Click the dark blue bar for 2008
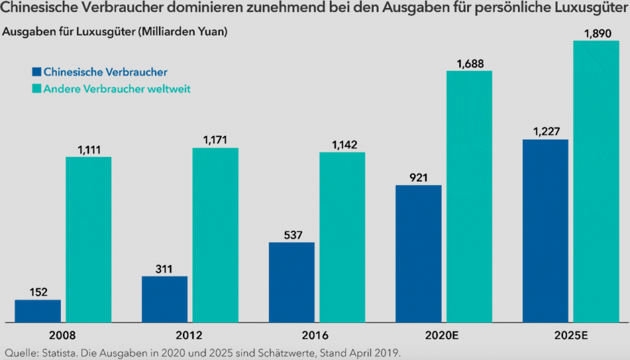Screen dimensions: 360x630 (x=38, y=311)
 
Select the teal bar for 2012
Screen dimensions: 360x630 (x=215, y=235)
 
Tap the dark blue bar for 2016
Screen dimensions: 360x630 (x=292, y=282)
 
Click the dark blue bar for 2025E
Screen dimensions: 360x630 (x=546, y=231)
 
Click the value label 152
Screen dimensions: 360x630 (x=38, y=292)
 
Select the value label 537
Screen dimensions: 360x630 (x=292, y=235)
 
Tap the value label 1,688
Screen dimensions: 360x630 (x=469, y=63)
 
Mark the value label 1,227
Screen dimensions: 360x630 (x=546, y=131)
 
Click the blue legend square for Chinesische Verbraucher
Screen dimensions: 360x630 (x=37, y=71)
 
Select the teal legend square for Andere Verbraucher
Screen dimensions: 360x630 (x=37, y=88)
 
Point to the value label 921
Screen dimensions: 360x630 (x=418, y=177)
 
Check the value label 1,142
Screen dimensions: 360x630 (x=342, y=144)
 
